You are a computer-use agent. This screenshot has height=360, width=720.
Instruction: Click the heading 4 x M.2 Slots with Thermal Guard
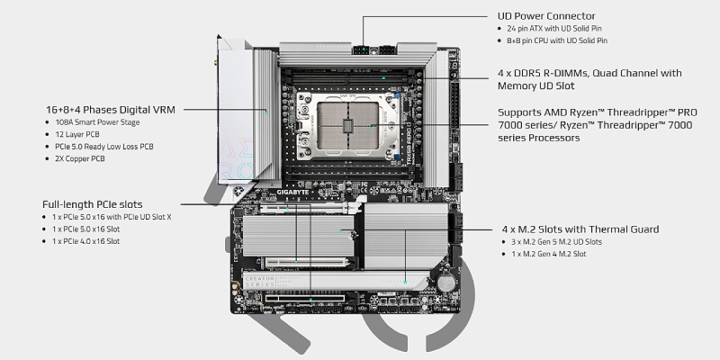(x=578, y=229)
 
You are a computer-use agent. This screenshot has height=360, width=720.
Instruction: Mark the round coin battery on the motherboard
(x=446, y=280)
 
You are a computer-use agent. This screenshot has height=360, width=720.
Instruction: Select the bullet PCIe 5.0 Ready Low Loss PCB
(x=103, y=146)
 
